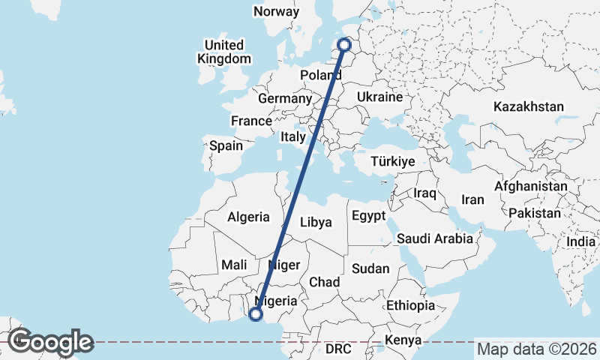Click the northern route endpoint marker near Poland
click(345, 45)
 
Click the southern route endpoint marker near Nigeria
click(256, 315)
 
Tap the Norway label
click(276, 11)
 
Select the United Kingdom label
click(224, 52)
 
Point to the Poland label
click(321, 75)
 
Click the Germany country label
click(284, 99)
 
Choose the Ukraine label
click(380, 97)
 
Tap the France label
click(251, 121)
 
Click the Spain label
click(226, 146)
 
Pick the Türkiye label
click(392, 162)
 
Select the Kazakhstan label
click(528, 107)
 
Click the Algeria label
click(248, 217)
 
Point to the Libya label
click(316, 222)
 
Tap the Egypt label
click(367, 216)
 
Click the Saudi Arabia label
click(436, 238)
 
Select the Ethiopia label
click(410, 306)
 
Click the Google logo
click(50, 342)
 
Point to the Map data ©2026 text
click(537, 349)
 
